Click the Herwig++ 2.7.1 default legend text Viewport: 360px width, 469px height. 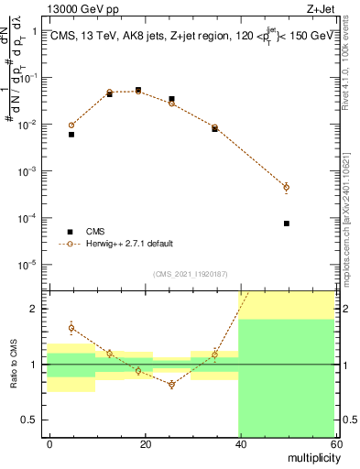coord(130,244)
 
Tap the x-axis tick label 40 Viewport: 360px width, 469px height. coord(240,443)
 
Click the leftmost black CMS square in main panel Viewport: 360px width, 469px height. coord(71,134)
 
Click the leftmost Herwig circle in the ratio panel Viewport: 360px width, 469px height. coord(71,328)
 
